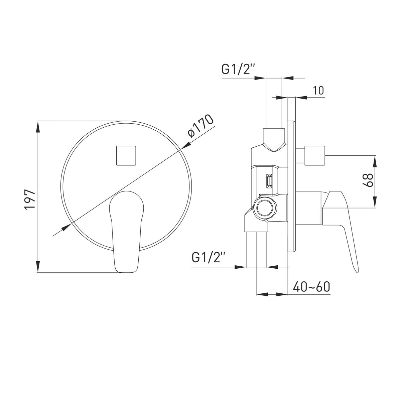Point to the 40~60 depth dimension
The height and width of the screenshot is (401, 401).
[311, 287]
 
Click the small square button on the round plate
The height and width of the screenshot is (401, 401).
[126, 155]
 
